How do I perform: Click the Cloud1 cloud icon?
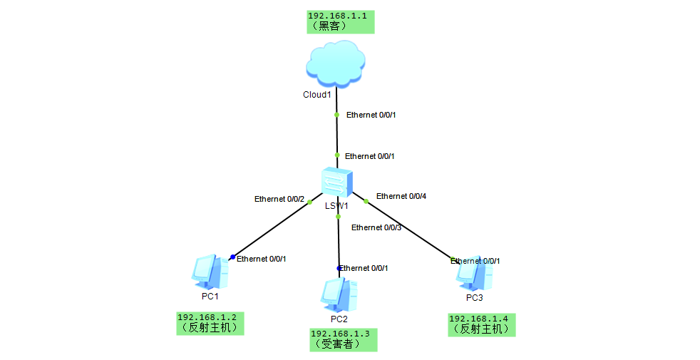coord(336,63)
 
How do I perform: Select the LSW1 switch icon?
coord(336,182)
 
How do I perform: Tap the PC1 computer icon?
coord(210,272)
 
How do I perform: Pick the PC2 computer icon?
coord(339,295)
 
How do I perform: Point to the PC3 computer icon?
coord(474,274)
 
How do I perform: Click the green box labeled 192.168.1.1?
coord(341,22)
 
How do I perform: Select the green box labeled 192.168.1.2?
coord(210,324)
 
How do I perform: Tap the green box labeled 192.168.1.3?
coord(344,340)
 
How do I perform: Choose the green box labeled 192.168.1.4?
coord(482,325)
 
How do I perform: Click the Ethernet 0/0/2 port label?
coord(279,199)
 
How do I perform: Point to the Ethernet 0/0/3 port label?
coord(376,227)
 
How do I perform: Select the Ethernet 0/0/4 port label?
coord(401,196)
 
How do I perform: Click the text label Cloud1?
coord(317,95)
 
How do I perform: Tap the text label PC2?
coord(339,319)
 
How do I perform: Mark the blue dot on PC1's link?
coord(232,257)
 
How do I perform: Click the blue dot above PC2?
coord(339,269)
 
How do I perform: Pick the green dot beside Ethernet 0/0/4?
coord(366,202)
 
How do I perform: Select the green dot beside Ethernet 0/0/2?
coord(310,202)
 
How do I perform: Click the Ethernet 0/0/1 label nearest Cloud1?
coord(371,115)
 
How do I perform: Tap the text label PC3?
coord(474,298)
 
